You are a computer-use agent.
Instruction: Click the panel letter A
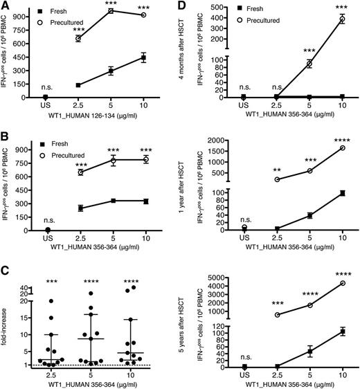(x=6, y=6)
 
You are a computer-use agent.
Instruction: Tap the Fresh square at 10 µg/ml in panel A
(x=143, y=58)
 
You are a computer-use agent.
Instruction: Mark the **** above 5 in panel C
(x=109, y=263)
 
